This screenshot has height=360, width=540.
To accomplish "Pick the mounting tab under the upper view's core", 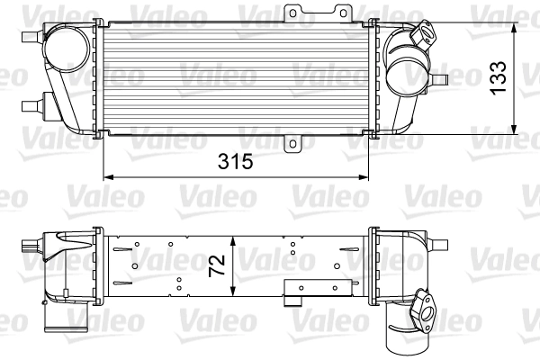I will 294,143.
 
